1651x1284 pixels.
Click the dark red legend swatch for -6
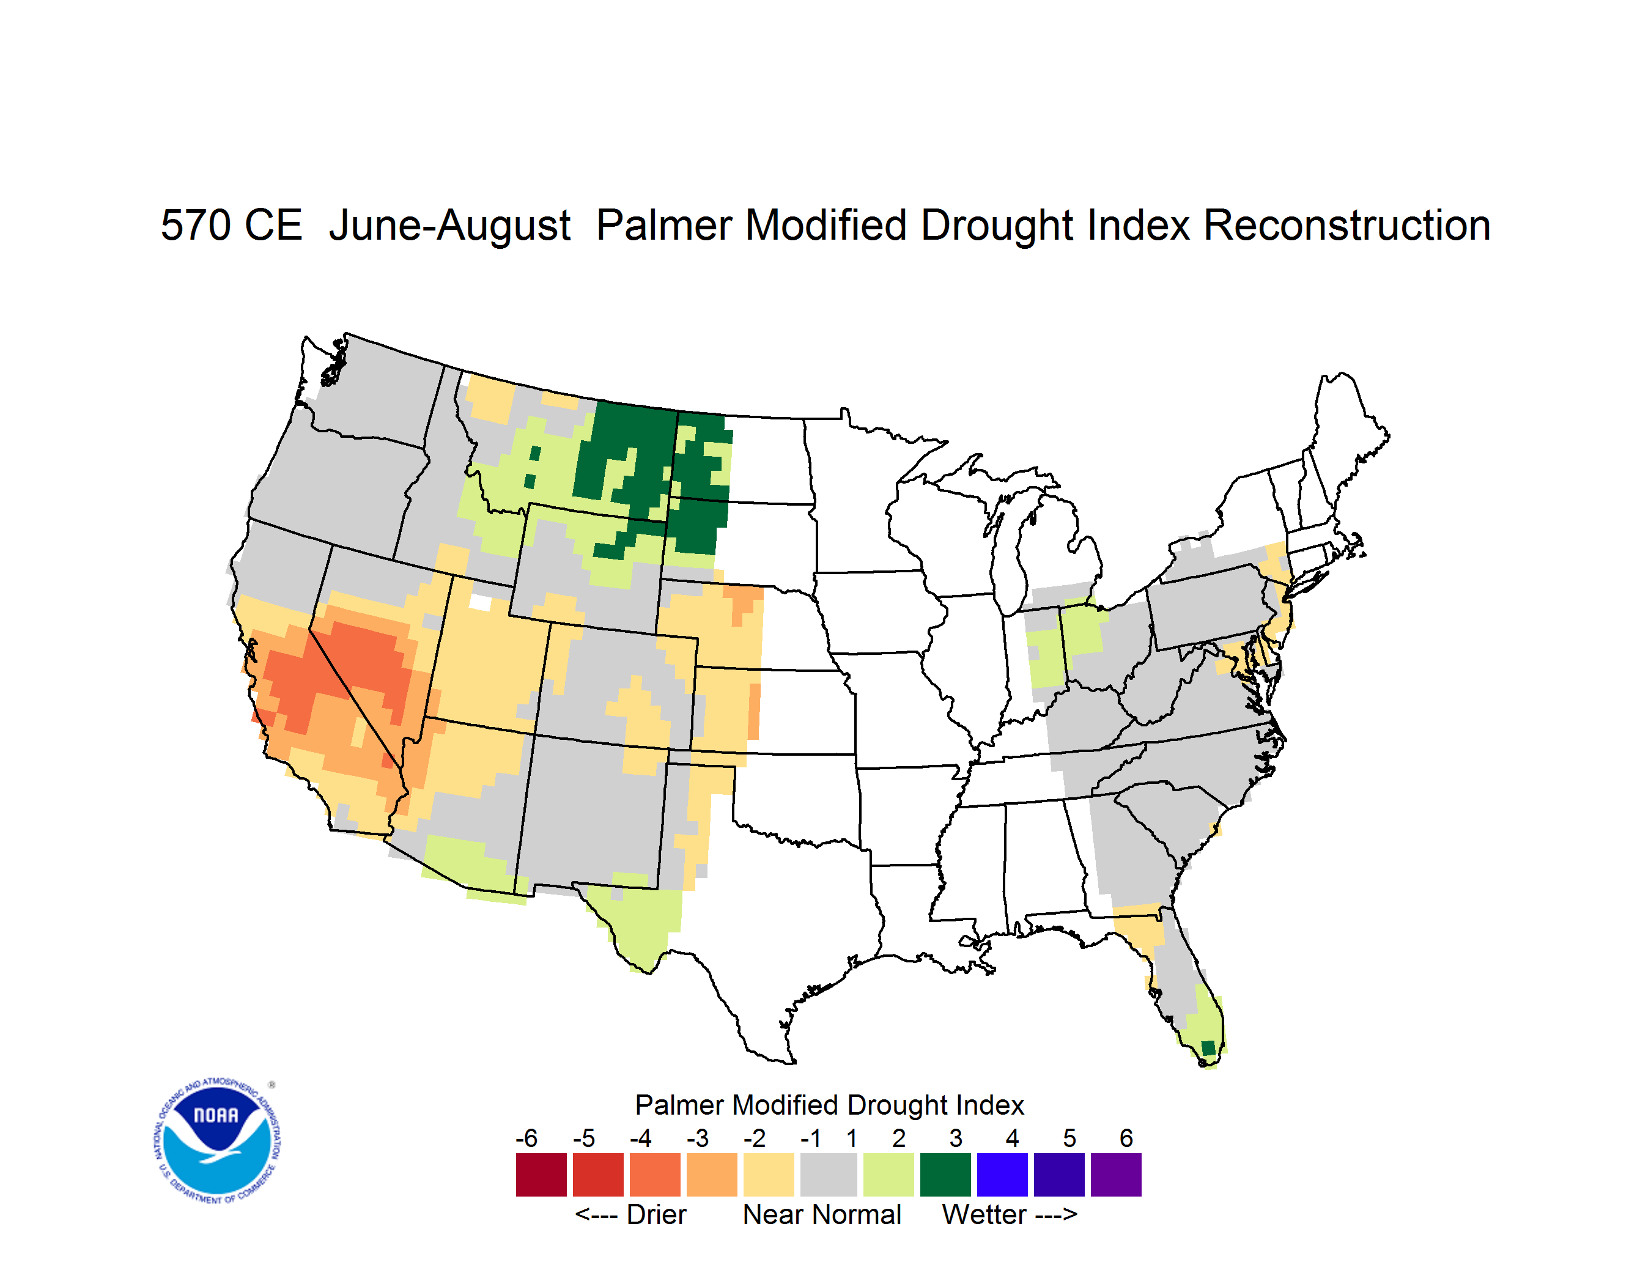[541, 1175]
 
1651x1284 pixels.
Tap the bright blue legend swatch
[1002, 1175]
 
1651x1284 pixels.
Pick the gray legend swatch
[829, 1175]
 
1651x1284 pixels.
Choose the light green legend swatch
[889, 1175]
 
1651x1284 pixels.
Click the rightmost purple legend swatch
[1116, 1175]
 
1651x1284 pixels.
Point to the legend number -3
[698, 1138]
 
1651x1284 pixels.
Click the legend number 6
[1126, 1138]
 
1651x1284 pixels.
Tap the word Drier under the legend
[656, 1214]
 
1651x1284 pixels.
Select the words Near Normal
[822, 1214]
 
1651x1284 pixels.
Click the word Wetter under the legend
[984, 1214]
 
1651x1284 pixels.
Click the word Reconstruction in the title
[1347, 225]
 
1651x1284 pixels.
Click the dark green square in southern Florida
[1208, 1047]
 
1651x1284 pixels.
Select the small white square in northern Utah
[480, 602]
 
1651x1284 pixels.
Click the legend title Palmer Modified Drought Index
[829, 1105]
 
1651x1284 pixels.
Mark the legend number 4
[1012, 1138]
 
